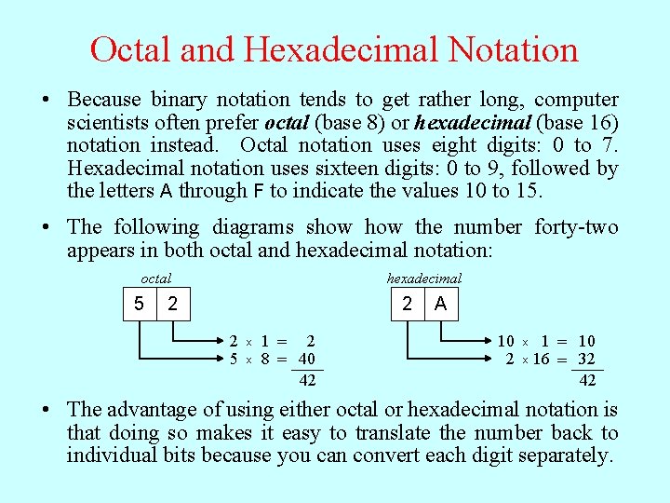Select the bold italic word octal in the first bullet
[288, 123]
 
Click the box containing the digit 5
[139, 304]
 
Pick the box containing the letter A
[440, 304]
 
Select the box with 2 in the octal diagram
[173, 304]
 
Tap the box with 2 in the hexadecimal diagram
[407, 304]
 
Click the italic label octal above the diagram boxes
[155, 278]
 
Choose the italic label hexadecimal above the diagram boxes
[423, 278]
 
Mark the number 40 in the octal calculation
[306, 360]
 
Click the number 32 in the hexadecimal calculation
[586, 360]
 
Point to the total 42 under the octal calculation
[307, 380]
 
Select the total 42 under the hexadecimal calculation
[587, 380]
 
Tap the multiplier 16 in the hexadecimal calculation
[541, 360]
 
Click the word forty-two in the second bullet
[576, 226]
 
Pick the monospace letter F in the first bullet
[257, 192]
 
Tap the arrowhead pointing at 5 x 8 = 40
[222, 360]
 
